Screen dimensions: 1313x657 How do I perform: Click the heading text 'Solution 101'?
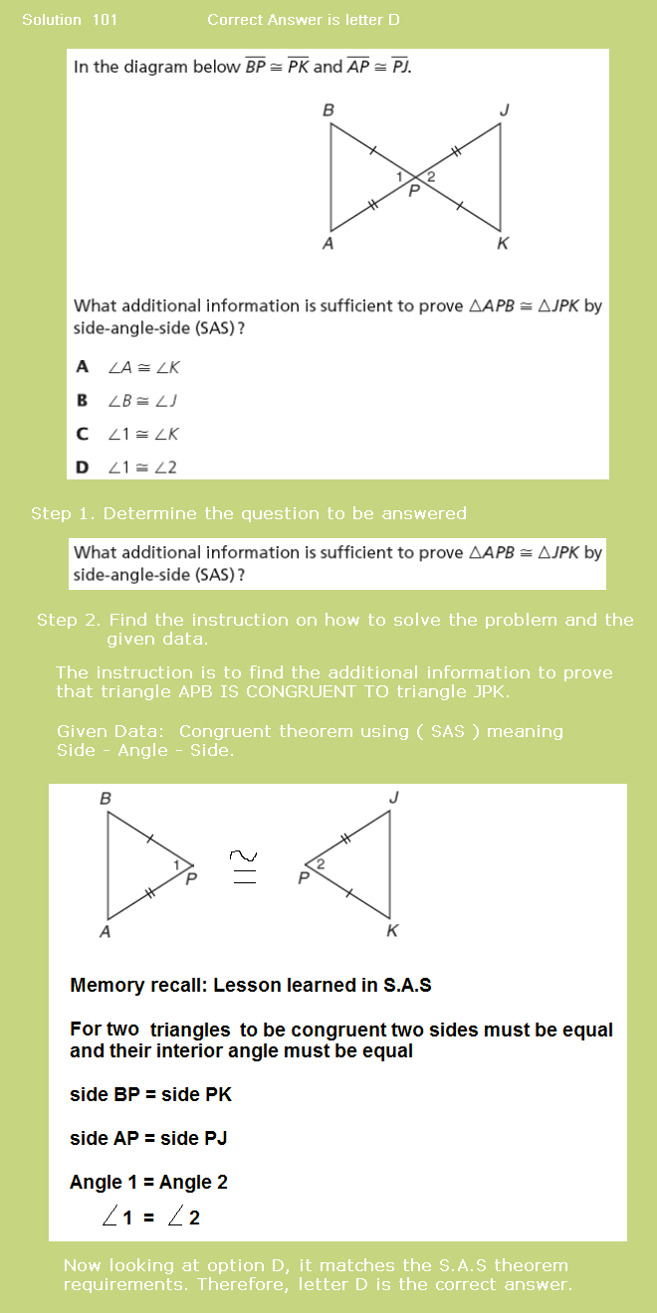pos(70,20)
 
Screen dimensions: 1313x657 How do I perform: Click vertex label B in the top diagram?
pos(328,110)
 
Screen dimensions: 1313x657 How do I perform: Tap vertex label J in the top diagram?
pos(504,110)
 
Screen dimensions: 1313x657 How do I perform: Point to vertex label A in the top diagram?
pos(328,243)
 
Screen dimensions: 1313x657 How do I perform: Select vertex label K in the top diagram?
pos(503,244)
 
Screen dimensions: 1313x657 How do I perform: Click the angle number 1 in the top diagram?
pos(399,176)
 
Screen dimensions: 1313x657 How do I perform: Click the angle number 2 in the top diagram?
pos(430,176)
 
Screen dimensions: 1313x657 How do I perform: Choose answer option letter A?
pos(83,367)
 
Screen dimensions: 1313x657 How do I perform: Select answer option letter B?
pos(83,400)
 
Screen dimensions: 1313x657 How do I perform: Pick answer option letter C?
pos(83,434)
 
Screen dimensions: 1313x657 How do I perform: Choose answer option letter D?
pos(83,467)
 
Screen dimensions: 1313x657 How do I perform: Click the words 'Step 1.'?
pos(63,513)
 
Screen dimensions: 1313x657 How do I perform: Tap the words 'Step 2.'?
pos(69,620)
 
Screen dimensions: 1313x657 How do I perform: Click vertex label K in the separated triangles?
pos(392,931)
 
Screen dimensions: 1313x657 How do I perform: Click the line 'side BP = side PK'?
pos(150,1094)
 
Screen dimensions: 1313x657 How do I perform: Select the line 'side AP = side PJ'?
pos(148,1138)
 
